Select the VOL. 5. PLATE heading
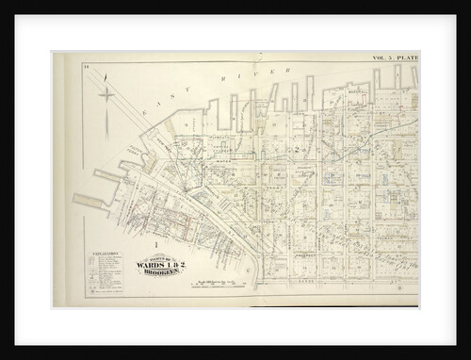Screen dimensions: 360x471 point(396,58)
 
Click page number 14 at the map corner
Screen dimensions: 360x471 point(85,66)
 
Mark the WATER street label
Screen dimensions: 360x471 point(220,161)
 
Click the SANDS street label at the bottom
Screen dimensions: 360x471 point(304,281)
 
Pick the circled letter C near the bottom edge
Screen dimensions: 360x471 point(248,270)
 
